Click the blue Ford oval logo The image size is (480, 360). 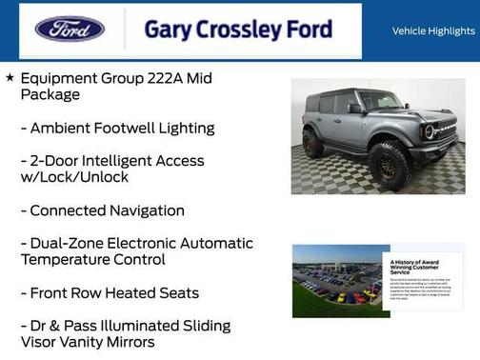(x=70, y=29)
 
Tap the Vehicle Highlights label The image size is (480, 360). (x=433, y=30)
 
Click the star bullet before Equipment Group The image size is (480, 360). (x=10, y=77)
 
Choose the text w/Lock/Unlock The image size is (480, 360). (x=73, y=177)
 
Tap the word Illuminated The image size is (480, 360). (x=160, y=326)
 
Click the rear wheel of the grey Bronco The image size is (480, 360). (x=313, y=144)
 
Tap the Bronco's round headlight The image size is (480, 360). (x=430, y=131)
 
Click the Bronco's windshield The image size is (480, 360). (x=379, y=100)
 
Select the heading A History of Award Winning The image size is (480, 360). (x=415, y=268)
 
